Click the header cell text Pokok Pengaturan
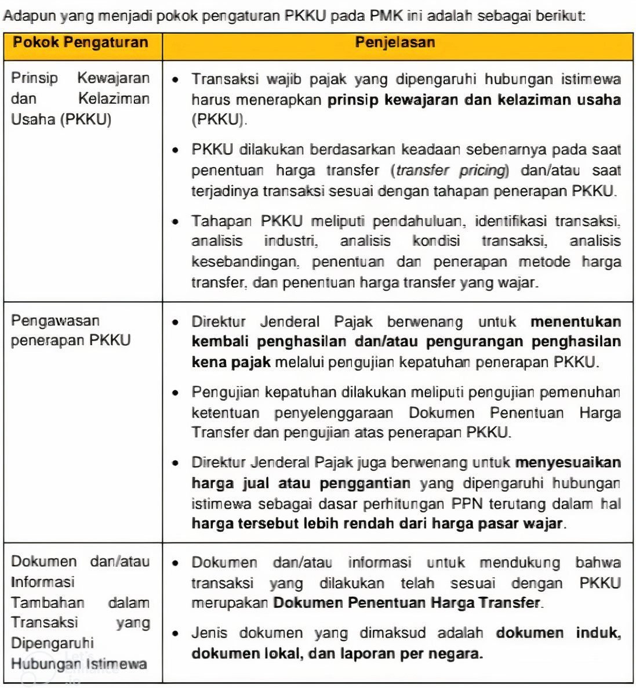[x=81, y=42]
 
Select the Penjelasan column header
[x=395, y=42]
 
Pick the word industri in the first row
[x=290, y=241]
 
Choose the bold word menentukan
[x=575, y=322]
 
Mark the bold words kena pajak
[x=231, y=363]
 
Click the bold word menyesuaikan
[x=568, y=462]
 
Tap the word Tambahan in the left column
[x=48, y=602]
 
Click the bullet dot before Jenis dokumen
[x=176, y=633]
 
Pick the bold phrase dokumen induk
[x=558, y=633]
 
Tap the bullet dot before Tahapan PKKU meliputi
[x=176, y=222]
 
